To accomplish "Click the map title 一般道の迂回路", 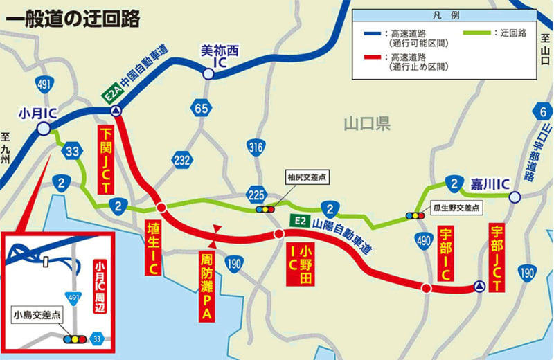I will point(72,19).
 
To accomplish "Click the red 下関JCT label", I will point(106,160).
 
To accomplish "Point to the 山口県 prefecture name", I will point(367,125).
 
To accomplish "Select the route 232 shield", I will point(181,161).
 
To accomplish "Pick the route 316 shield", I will point(256,147).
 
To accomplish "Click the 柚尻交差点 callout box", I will point(307,177).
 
